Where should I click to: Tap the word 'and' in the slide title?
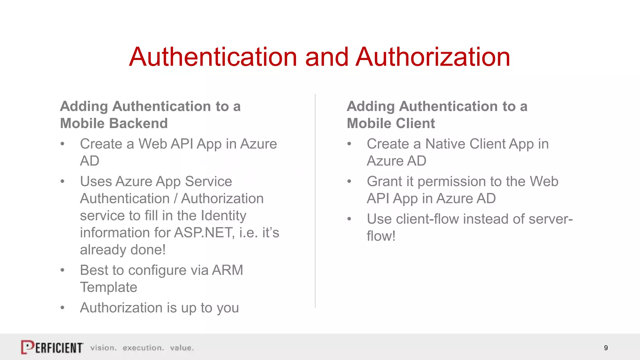pos(327,57)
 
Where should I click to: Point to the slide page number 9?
pos(606,348)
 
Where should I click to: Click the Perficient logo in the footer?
pos(52,347)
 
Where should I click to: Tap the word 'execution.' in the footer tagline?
pos(143,348)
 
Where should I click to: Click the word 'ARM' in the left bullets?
pos(227,270)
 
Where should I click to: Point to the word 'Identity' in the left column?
pos(223,216)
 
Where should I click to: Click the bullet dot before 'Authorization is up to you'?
pos(62,308)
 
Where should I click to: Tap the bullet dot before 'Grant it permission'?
pos(349,182)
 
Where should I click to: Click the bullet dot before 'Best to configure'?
pos(62,270)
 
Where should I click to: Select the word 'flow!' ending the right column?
pos(381,236)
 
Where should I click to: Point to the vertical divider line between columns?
pos(315,200)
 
